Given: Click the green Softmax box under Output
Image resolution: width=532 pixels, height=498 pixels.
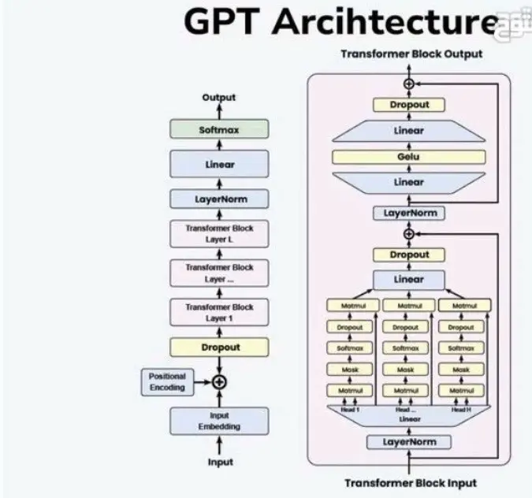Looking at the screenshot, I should [219, 129].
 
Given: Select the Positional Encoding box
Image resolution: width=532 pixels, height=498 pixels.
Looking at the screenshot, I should [167, 382].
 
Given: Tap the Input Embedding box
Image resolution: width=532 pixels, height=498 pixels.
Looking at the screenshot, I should [219, 421].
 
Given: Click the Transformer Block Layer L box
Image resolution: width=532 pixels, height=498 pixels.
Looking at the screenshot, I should [219, 234].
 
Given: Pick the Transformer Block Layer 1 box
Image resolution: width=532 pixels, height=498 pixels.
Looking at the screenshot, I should [219, 312].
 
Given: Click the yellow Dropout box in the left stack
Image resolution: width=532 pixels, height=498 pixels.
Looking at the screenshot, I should [219, 347].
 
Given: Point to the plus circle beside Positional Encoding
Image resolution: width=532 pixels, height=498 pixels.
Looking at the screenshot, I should [220, 381].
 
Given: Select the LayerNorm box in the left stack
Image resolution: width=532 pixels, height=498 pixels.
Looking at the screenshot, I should [219, 199].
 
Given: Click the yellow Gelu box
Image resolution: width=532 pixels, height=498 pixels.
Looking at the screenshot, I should [408, 157].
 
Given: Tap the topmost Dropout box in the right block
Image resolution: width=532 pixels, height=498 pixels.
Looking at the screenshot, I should [408, 105].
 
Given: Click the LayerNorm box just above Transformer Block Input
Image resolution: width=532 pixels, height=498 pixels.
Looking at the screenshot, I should [408, 442].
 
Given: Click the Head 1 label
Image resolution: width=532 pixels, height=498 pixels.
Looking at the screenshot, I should [350, 409].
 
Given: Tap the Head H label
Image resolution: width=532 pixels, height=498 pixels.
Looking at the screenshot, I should [462, 409].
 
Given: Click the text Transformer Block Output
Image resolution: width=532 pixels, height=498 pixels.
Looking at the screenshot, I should [411, 54].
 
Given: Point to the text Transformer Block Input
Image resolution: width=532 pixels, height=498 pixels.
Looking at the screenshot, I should [411, 482].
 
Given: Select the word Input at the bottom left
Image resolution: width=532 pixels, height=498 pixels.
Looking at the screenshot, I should [220, 462].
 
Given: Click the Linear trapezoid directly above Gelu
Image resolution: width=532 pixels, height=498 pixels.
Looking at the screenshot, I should [408, 131].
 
